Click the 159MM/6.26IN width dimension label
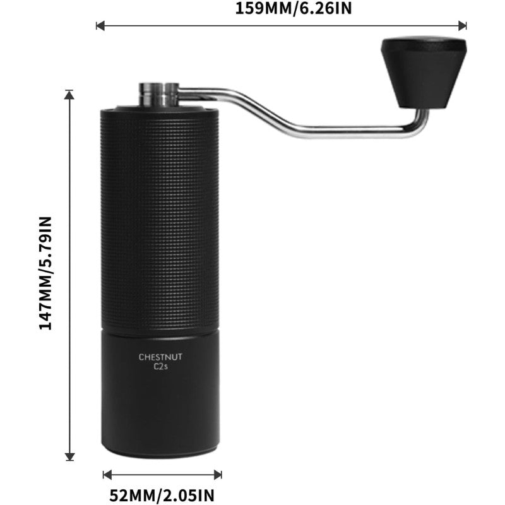click(x=281, y=9)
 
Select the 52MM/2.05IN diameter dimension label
click(x=162, y=493)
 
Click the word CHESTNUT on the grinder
click(x=160, y=357)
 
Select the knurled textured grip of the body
click(x=160, y=215)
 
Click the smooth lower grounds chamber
click(x=160, y=404)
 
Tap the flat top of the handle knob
click(x=423, y=44)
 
